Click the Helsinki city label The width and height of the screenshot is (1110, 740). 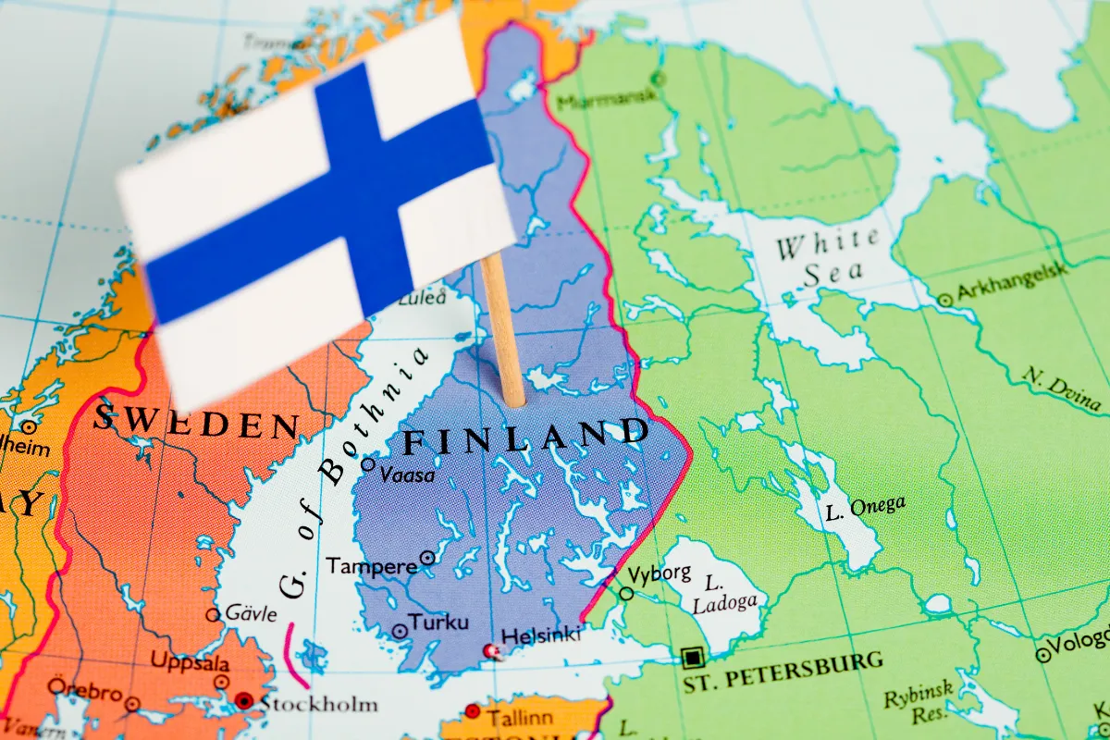coord(541,635)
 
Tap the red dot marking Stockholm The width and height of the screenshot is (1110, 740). coord(243,700)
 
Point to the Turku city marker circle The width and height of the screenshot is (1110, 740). coord(400,631)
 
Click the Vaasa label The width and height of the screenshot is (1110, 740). coord(408,474)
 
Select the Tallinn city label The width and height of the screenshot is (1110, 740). coord(520,717)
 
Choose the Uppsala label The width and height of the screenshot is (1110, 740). coord(191,663)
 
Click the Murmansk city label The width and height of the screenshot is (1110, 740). coord(599,98)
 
